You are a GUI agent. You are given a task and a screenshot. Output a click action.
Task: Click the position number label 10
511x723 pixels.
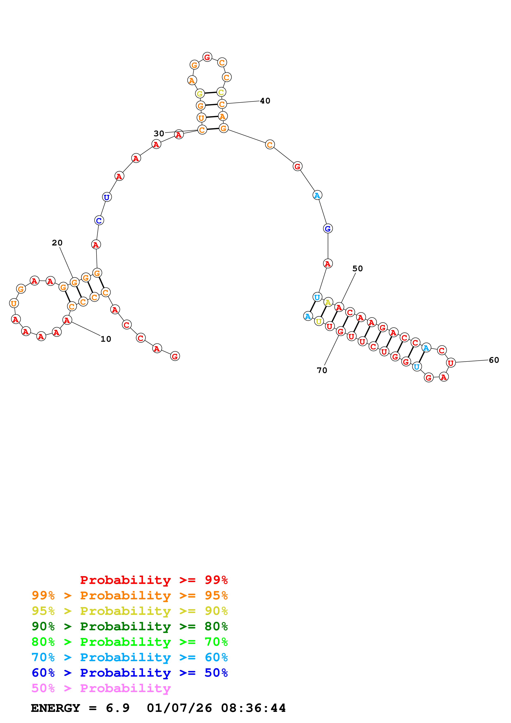[x=106, y=339]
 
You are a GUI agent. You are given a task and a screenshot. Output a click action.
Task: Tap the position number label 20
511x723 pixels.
[x=57, y=243]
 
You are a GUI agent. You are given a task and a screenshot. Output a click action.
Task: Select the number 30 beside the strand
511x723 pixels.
[x=159, y=134]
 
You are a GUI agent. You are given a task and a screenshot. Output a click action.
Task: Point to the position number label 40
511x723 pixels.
[x=265, y=101]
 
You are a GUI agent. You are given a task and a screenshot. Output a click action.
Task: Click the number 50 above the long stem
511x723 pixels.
[x=358, y=269]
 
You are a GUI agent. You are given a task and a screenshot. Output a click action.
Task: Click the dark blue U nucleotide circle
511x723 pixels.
[x=107, y=197]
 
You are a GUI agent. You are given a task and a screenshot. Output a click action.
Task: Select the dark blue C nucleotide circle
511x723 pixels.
[x=99, y=221]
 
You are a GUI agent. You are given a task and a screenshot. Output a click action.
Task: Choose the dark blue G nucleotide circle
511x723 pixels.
[x=328, y=229]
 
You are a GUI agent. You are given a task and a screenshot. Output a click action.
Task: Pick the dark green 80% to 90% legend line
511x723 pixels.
[x=130, y=626]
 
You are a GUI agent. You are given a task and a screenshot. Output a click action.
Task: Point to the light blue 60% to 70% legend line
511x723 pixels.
[x=130, y=657]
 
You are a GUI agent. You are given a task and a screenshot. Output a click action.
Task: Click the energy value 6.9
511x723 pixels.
[x=118, y=708]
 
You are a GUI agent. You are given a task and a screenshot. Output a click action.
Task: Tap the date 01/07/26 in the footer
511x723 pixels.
[x=180, y=708]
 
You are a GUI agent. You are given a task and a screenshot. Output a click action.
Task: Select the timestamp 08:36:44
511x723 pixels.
[x=254, y=708]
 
